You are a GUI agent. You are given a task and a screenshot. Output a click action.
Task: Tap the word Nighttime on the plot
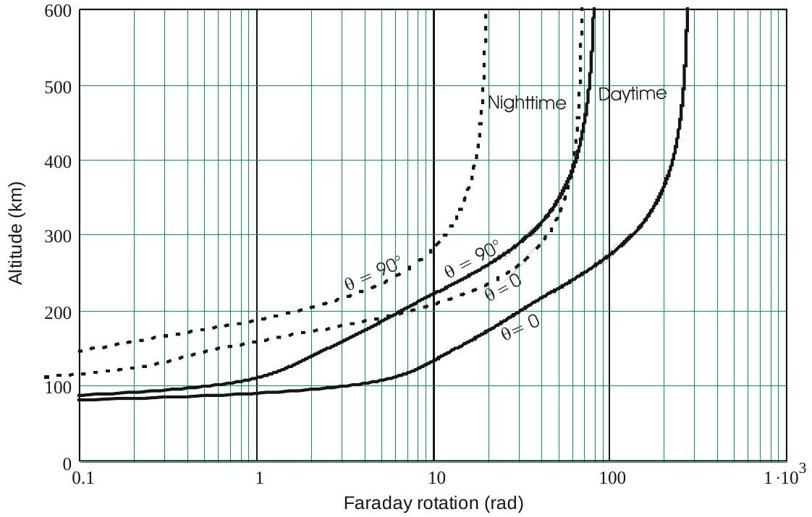click(x=526, y=103)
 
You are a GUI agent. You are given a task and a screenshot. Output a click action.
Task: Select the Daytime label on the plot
click(x=631, y=95)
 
